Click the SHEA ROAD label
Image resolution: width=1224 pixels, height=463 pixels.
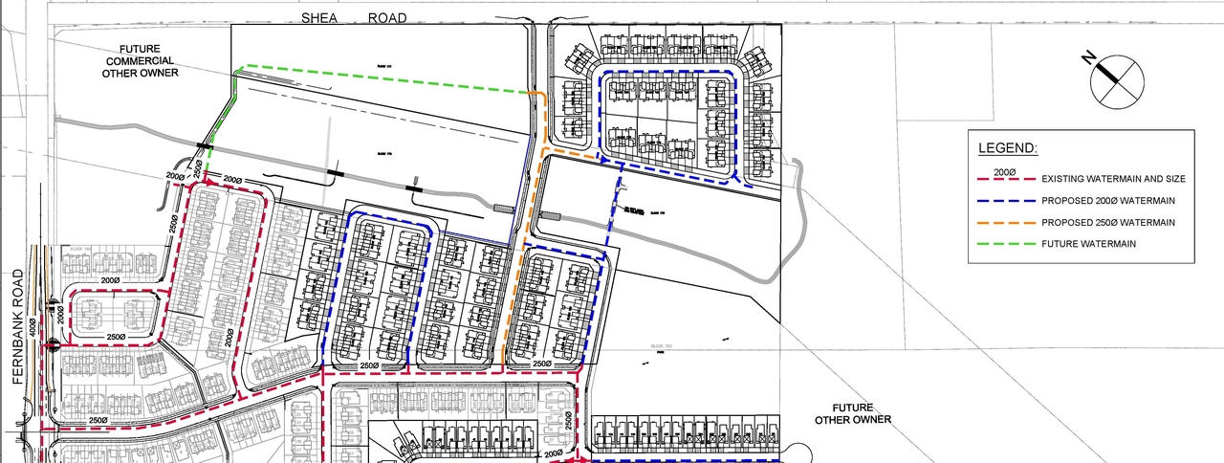tap(353, 18)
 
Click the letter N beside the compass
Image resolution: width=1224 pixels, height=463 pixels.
tap(1089, 58)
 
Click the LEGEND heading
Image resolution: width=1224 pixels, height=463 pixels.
tap(1007, 149)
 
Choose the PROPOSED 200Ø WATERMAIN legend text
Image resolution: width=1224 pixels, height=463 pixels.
tap(1109, 201)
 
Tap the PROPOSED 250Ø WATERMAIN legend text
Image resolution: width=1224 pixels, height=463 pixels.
tap(1109, 222)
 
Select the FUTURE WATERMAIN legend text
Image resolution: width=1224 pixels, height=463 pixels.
tap(1088, 244)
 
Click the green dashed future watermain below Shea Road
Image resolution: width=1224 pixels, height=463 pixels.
tap(382, 78)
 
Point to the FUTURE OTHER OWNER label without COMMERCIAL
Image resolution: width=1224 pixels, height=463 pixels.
tap(853, 413)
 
